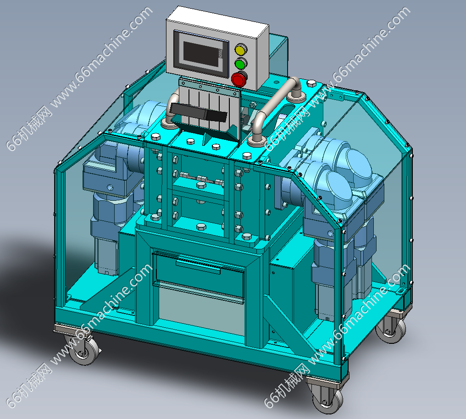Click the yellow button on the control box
point(240,50)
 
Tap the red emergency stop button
point(239,79)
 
